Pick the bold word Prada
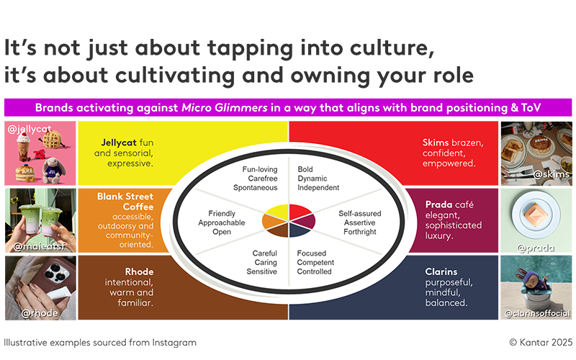point(438,204)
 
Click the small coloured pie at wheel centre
point(288,220)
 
